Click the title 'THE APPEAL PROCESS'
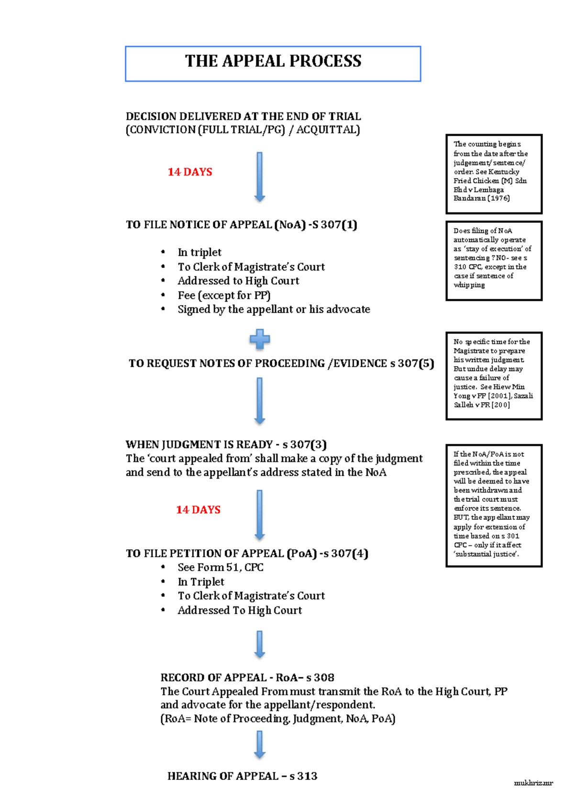pyautogui.click(x=273, y=62)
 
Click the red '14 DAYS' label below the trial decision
pyautogui.click(x=190, y=172)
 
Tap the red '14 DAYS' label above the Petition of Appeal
pyautogui.click(x=198, y=510)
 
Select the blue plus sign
pyautogui.click(x=260, y=339)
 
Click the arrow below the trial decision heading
pyautogui.click(x=260, y=176)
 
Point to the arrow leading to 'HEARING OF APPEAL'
pyautogui.click(x=260, y=744)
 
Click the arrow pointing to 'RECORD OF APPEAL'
pyautogui.click(x=260, y=644)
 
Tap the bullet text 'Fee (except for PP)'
pyautogui.click(x=224, y=296)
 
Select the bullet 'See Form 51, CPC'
pyautogui.click(x=220, y=568)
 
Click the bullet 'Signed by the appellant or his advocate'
pyautogui.click(x=274, y=309)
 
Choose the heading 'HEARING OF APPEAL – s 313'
pyautogui.click(x=242, y=776)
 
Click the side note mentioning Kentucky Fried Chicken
pyautogui.click(x=494, y=174)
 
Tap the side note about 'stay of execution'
pyautogui.click(x=494, y=261)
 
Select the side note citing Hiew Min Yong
pyautogui.click(x=494, y=376)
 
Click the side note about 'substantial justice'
pyautogui.click(x=494, y=505)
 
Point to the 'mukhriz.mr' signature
pyautogui.click(x=533, y=783)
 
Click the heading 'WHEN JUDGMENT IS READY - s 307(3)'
pyautogui.click(x=226, y=445)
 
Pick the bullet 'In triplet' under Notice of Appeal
pyautogui.click(x=199, y=252)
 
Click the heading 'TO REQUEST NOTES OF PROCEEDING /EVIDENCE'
pyautogui.click(x=281, y=363)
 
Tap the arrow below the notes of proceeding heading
pyautogui.click(x=260, y=401)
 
